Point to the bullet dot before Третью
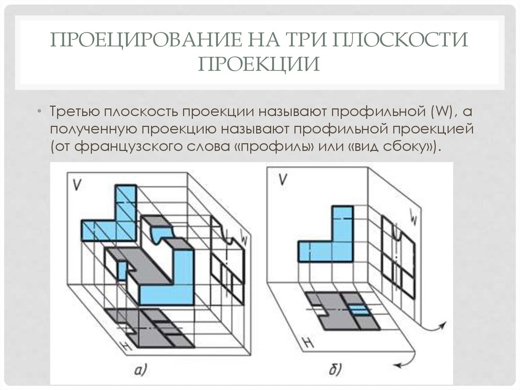pos(40,111)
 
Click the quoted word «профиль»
pos(274,147)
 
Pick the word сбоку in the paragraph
pos(407,147)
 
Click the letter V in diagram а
pos(78,184)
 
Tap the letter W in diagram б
pos(413,220)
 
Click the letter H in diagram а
pos(121,346)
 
